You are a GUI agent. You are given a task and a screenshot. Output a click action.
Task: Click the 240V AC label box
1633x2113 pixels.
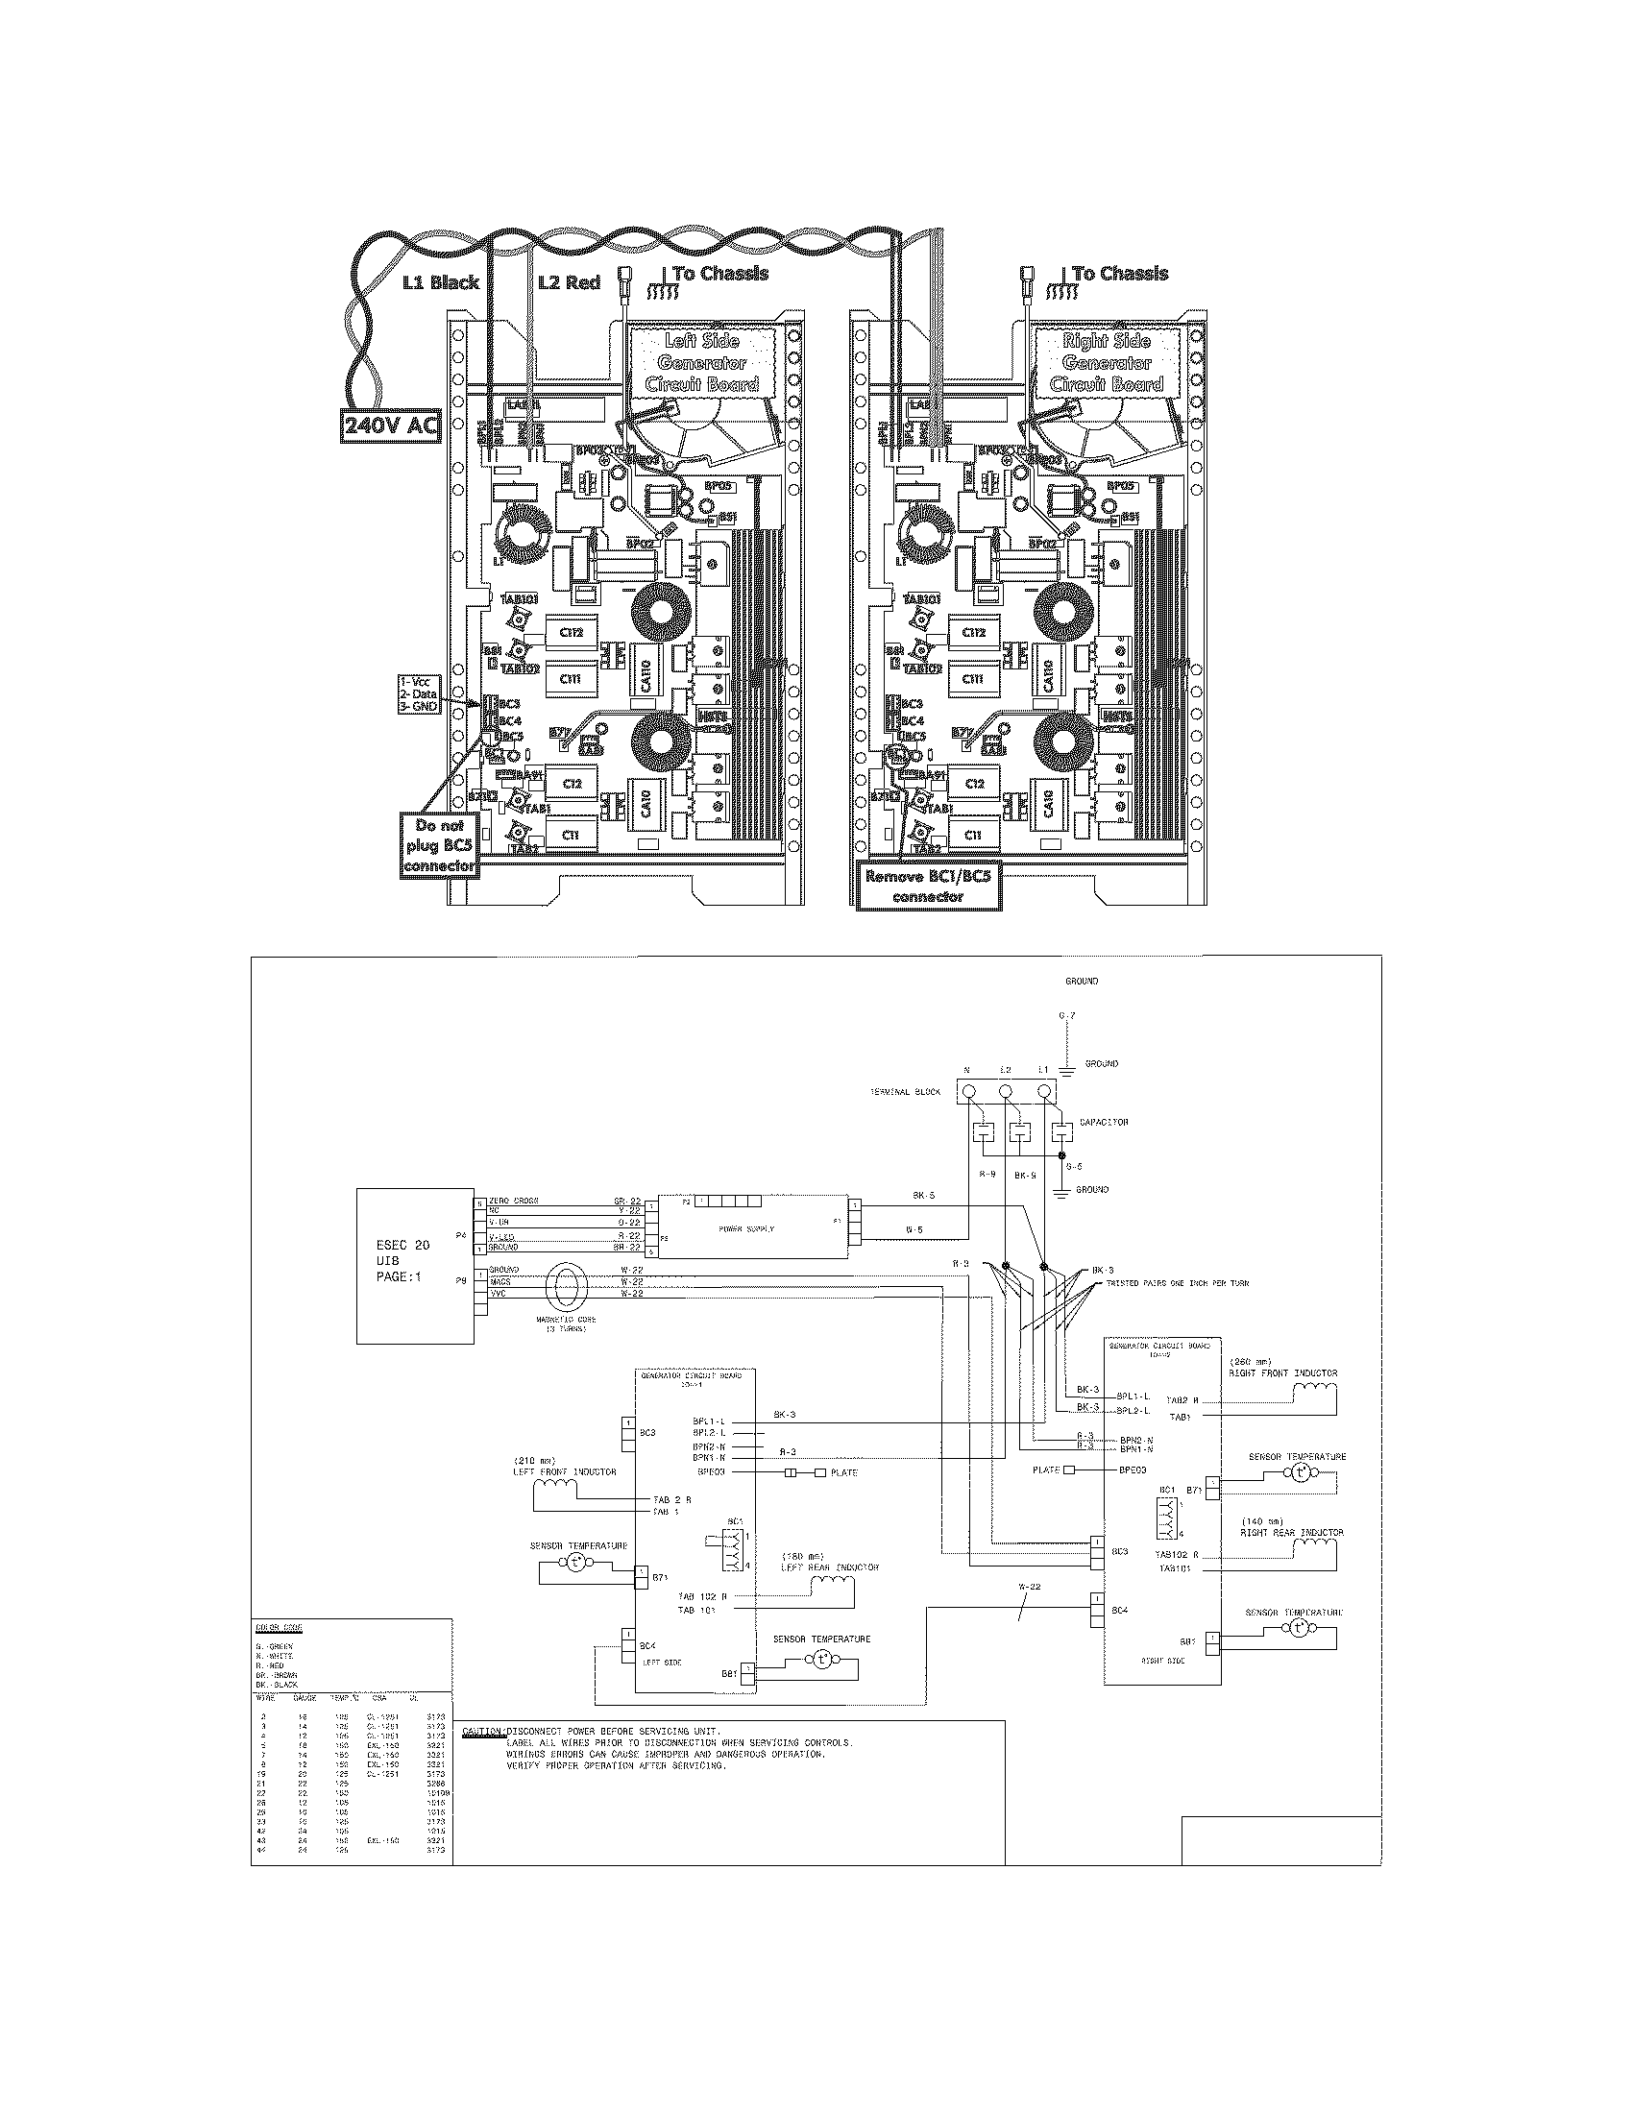click(389, 425)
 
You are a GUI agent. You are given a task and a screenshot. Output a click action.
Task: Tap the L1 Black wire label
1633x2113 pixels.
click(440, 282)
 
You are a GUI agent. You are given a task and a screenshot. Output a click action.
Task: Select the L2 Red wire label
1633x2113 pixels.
click(569, 282)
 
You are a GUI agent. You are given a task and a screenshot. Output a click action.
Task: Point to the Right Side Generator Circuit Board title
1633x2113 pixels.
click(1106, 362)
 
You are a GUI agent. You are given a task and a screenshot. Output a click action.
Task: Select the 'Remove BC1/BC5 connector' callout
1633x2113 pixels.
click(929, 887)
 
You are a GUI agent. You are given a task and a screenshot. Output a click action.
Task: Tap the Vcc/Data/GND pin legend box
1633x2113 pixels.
click(419, 693)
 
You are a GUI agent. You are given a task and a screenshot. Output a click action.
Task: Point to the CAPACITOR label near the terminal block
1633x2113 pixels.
click(1104, 1122)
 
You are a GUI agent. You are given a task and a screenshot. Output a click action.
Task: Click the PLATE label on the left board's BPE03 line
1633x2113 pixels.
click(843, 1472)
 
